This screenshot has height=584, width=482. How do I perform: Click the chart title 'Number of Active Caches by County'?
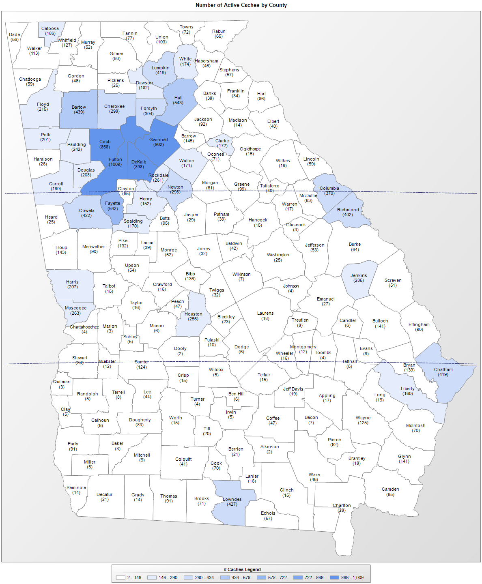click(x=241, y=5)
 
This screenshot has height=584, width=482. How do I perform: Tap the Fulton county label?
click(x=115, y=159)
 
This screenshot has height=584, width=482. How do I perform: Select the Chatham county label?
click(x=443, y=369)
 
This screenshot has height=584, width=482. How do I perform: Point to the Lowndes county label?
click(x=232, y=499)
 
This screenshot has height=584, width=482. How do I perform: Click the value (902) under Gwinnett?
click(x=159, y=145)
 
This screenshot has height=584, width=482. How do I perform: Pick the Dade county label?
click(x=15, y=34)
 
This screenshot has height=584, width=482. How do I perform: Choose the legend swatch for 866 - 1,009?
click(x=334, y=578)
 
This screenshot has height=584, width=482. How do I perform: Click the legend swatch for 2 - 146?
click(x=120, y=578)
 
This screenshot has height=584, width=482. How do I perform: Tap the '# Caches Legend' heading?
click(x=242, y=569)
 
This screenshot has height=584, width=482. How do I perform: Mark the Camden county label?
click(x=390, y=489)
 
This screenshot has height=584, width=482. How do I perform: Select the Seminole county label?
click(x=76, y=487)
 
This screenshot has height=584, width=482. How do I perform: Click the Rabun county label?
click(x=219, y=31)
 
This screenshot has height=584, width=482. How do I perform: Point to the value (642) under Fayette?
click(x=113, y=209)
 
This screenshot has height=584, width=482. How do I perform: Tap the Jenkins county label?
click(x=359, y=275)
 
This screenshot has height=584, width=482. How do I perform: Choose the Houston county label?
click(x=193, y=314)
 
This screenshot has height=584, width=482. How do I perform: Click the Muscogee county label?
click(x=75, y=308)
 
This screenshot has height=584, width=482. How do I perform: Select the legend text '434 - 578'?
click(x=241, y=578)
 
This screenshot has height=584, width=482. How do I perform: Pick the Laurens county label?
click(x=265, y=313)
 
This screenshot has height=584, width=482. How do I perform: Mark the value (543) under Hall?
click(x=178, y=103)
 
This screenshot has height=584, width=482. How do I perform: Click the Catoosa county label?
click(x=50, y=28)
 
